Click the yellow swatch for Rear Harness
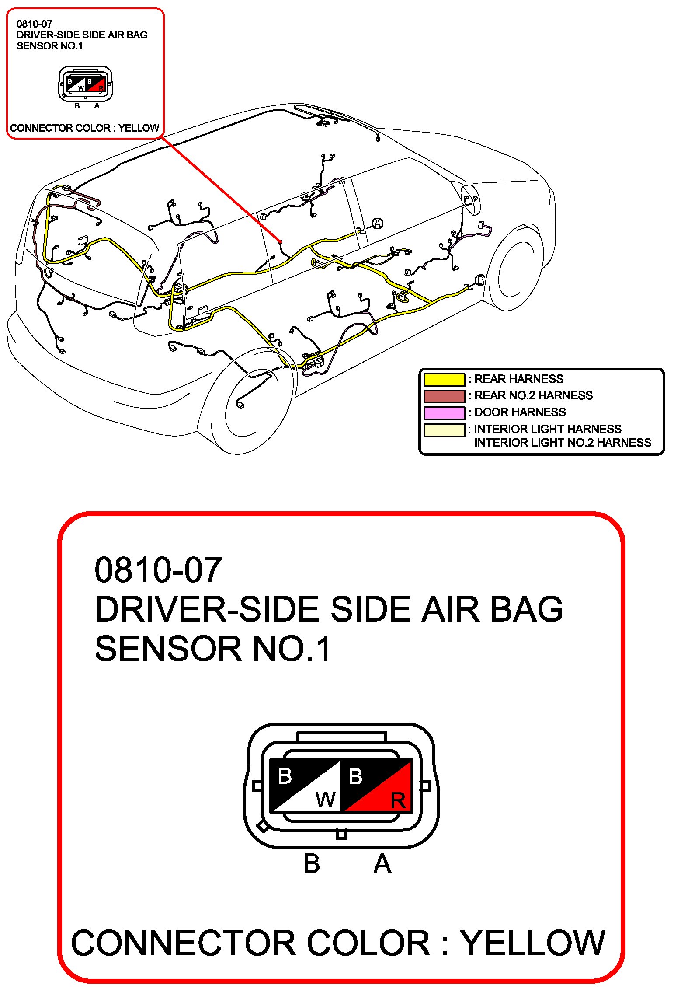tap(444, 379)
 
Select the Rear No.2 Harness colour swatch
tap(444, 396)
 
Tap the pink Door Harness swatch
tap(444, 412)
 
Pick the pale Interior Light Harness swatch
tap(444, 430)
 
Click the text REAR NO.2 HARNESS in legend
tap(533, 395)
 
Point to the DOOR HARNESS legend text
tap(520, 412)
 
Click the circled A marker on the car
tap(377, 224)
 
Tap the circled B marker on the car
tap(480, 279)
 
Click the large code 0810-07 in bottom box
tap(158, 570)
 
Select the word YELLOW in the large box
tap(533, 943)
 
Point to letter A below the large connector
tap(382, 864)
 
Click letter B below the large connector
tap(312, 864)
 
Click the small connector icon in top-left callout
tap(85, 84)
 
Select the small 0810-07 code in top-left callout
tap(34, 24)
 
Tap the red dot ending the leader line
tap(280, 241)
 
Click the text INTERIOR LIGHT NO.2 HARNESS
tap(562, 443)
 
